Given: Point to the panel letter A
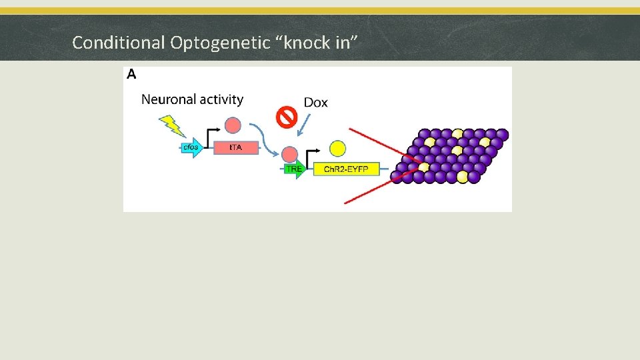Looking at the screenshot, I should coord(131,75).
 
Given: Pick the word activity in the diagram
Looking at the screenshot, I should coord(222,99).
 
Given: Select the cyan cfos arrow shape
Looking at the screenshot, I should coord(192,147).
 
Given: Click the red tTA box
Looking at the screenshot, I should coord(235,147).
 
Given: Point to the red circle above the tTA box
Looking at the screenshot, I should coord(233,125).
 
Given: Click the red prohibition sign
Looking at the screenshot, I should coord(287,118).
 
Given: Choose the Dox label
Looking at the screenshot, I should coord(316,103).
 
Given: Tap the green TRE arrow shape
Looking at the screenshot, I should coord(294,169).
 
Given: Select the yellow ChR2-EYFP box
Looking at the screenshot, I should coord(345,169).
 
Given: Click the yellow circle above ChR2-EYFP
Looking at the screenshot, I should coord(338,148).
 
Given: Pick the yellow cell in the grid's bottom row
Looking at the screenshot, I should coord(462,177).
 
